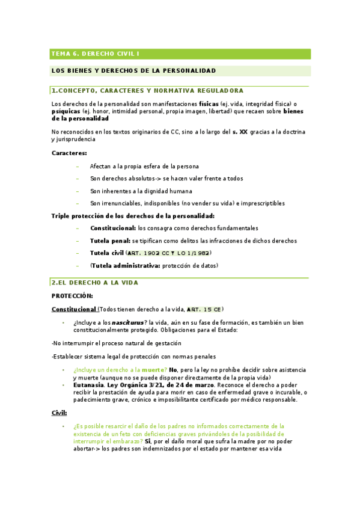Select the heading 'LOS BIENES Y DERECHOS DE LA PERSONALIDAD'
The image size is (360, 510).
pyautogui.click(x=133, y=71)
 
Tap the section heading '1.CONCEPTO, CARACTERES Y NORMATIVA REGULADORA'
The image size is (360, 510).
pyautogui.click(x=147, y=91)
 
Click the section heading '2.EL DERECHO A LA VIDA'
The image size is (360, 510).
pyautogui.click(x=95, y=282)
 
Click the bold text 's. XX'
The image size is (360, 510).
pyautogui.click(x=240, y=131)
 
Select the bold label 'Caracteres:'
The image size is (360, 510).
pyautogui.click(x=69, y=153)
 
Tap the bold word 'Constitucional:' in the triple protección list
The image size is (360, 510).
pyautogui.click(x=113, y=229)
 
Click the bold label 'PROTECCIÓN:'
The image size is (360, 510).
pyautogui.click(x=72, y=296)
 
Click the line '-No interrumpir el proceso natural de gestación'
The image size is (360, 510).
pyautogui.click(x=116, y=343)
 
